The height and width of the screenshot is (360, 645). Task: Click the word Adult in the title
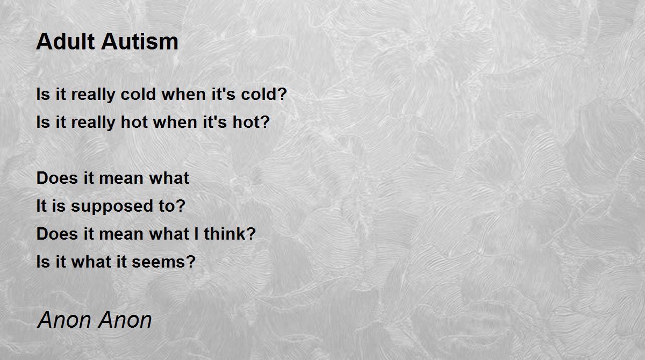click(x=66, y=41)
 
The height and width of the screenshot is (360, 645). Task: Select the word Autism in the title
click(x=140, y=41)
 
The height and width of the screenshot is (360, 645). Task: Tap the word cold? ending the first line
click(x=264, y=94)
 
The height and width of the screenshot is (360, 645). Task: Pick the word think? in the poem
click(x=230, y=234)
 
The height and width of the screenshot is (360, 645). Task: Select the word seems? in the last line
click(x=163, y=262)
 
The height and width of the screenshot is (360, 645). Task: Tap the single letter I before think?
click(x=196, y=234)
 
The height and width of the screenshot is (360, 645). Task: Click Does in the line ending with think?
click(x=57, y=234)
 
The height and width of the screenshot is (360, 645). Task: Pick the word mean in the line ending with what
click(x=121, y=178)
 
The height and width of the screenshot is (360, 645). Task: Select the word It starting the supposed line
click(x=41, y=206)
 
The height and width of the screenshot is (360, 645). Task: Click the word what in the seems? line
click(x=91, y=262)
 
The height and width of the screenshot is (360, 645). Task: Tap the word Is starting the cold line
click(x=43, y=94)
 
